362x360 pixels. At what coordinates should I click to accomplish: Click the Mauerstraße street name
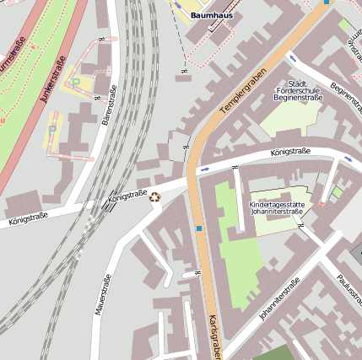point(103,295)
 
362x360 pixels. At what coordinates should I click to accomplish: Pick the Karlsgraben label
point(213,336)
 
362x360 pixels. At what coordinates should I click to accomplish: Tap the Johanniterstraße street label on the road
point(280,301)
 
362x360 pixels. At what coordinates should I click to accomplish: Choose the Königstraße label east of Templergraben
point(290,153)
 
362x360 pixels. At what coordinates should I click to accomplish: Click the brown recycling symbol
point(154,197)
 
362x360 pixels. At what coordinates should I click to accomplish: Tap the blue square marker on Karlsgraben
point(199,228)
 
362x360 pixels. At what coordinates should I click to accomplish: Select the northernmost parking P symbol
point(76,83)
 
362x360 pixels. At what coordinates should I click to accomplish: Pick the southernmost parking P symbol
point(52,129)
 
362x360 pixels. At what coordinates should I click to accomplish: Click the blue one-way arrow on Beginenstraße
point(293,57)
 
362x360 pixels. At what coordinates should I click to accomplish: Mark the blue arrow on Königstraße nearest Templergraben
point(204,169)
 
